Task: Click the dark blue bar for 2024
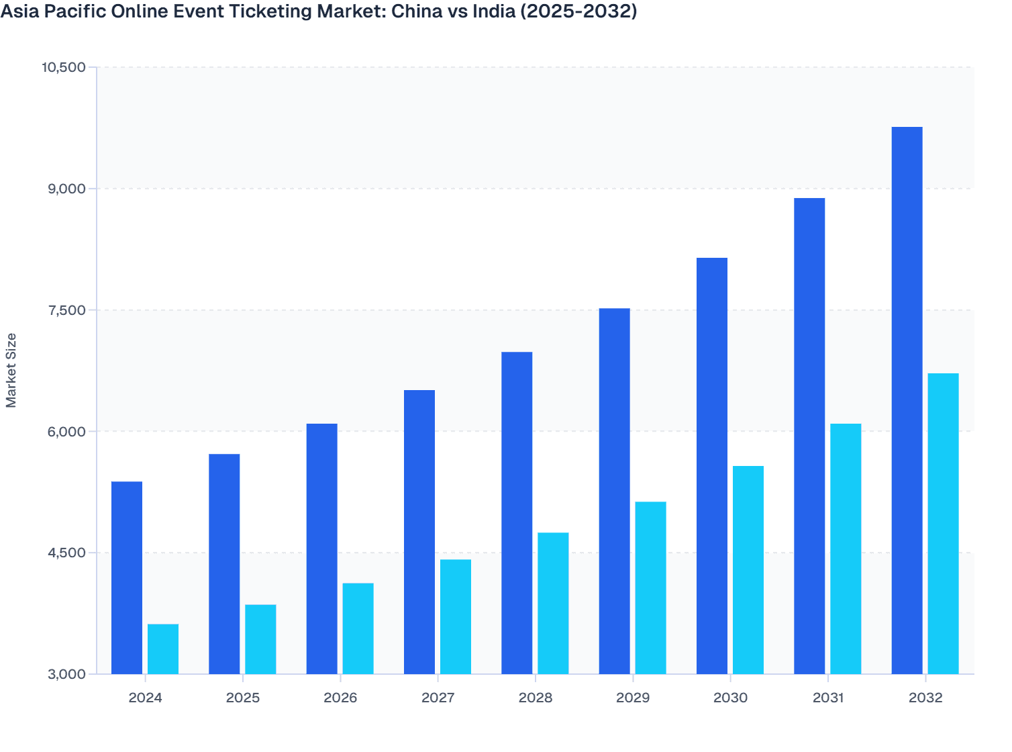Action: point(127,577)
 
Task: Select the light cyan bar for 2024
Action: point(163,649)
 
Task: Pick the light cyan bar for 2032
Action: point(943,524)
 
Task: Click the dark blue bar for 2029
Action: point(614,491)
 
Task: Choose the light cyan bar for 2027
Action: point(456,616)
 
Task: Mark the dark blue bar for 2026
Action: point(321,549)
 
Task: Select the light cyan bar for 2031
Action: point(846,549)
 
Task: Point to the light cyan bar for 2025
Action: point(260,639)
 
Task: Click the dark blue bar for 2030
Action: point(712,466)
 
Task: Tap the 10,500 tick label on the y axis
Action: point(64,67)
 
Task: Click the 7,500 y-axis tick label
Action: point(67,310)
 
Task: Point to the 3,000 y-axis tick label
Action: point(67,674)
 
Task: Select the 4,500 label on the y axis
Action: point(67,553)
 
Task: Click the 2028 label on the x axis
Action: point(536,698)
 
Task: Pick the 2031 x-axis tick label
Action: point(828,698)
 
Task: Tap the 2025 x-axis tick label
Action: point(243,698)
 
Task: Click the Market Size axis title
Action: point(11,371)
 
